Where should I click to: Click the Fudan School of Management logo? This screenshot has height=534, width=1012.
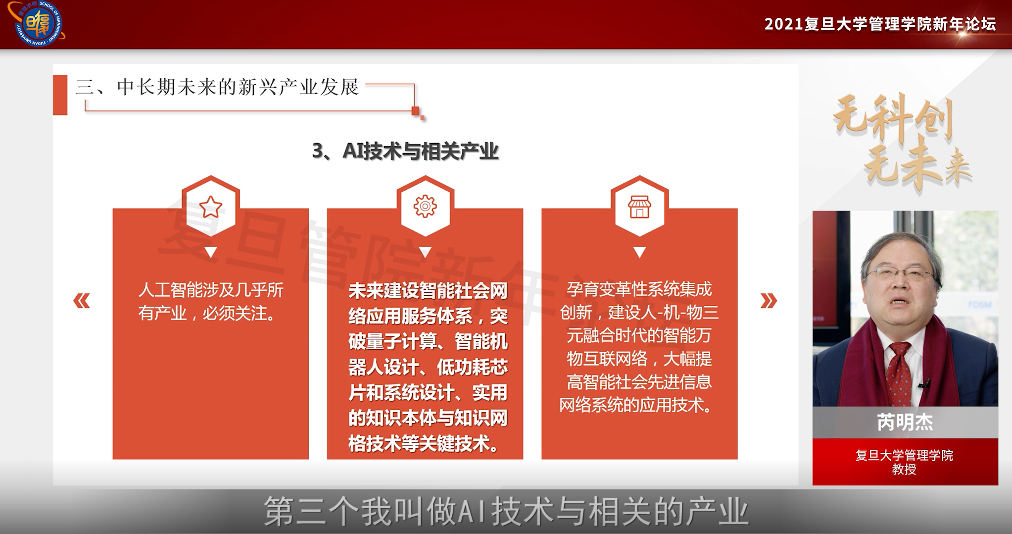37,23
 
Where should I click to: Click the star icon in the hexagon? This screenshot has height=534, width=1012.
211,207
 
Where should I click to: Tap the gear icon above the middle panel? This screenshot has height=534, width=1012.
425,207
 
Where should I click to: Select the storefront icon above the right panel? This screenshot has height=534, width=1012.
639,207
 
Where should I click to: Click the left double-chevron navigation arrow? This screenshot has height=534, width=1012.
82,301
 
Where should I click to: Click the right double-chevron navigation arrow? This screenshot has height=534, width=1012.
769,301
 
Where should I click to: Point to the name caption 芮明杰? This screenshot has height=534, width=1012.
905,422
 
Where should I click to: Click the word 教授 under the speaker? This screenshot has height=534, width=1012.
904,469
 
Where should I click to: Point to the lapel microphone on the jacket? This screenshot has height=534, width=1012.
923,382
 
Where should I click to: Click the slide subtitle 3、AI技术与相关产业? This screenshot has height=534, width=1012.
405,151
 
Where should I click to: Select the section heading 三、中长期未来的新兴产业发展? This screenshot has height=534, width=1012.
217,87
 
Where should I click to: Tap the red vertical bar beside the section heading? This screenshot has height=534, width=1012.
60,95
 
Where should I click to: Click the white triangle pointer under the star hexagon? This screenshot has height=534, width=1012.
211,252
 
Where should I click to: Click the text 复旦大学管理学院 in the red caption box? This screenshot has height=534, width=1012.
904,455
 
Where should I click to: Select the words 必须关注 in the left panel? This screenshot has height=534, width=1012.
235,313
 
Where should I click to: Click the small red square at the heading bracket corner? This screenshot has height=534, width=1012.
416,110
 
